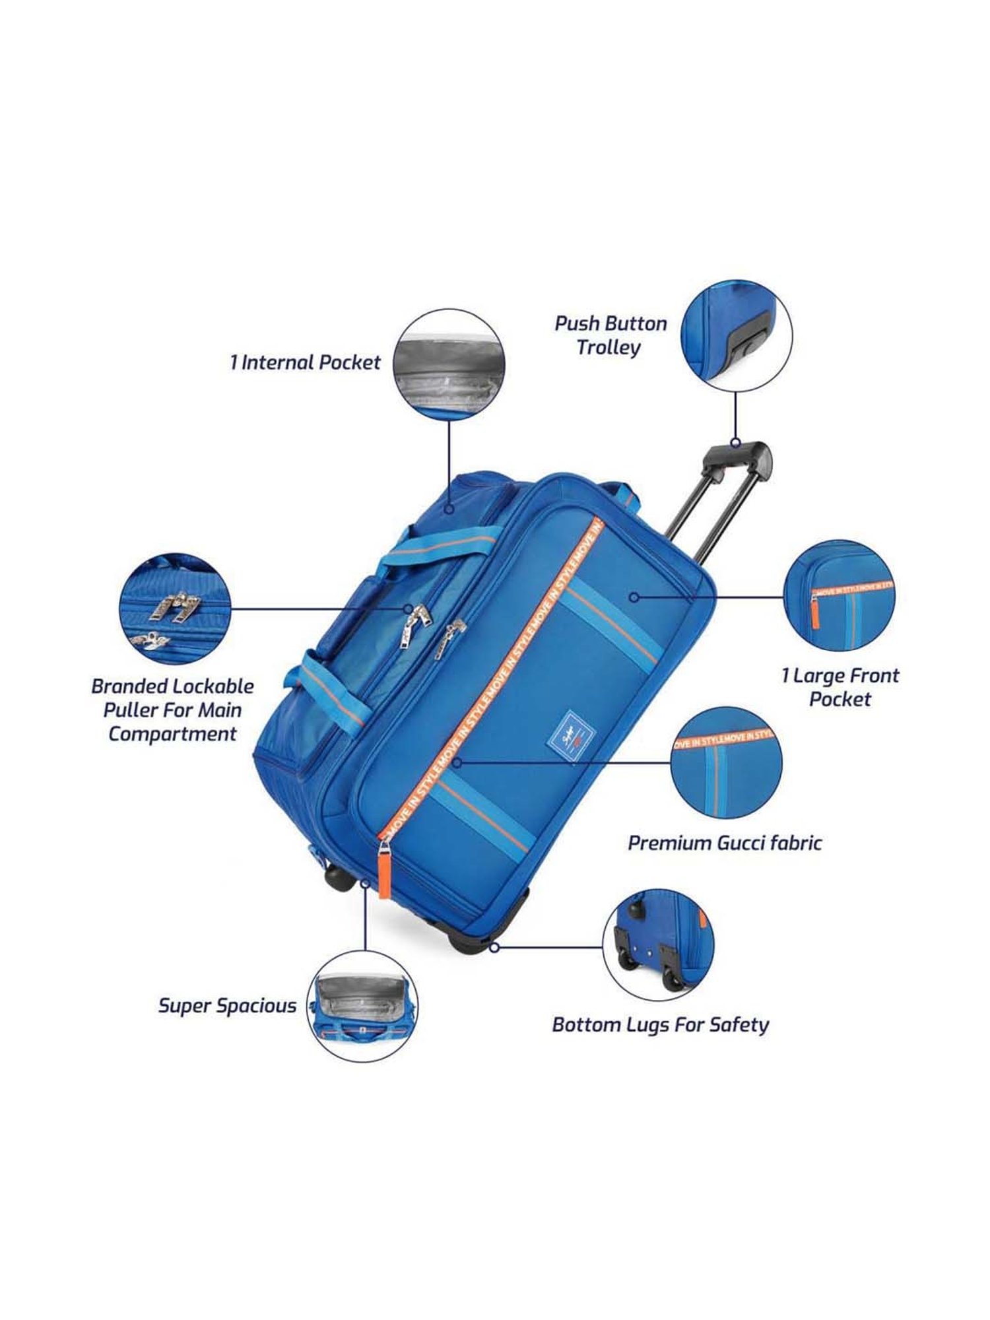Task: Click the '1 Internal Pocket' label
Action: point(306,362)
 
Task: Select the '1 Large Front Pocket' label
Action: point(840,687)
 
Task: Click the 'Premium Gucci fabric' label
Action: point(725,843)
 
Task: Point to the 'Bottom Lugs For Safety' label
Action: point(661,1024)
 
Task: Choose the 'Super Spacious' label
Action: point(227,1006)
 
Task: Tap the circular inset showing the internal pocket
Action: point(448,365)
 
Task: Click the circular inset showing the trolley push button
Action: point(736,337)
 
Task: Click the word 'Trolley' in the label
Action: point(609,347)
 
